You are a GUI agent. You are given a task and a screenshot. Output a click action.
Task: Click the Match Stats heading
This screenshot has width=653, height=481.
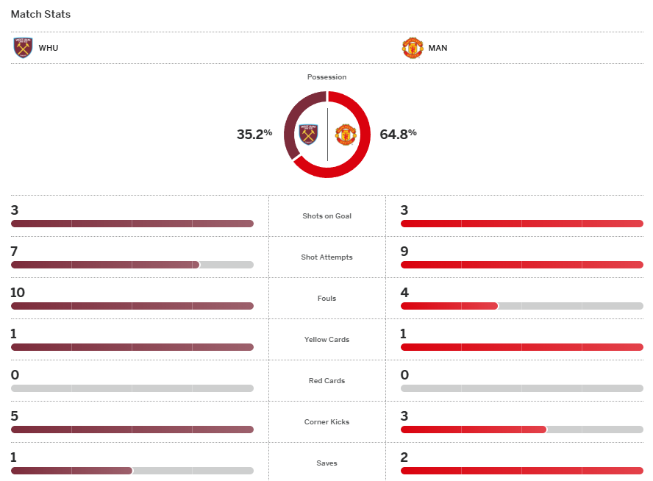40,14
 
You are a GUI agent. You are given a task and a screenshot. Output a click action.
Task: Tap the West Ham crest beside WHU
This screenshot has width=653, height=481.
24,48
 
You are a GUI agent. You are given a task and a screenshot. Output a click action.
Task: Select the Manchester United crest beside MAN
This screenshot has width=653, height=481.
413,48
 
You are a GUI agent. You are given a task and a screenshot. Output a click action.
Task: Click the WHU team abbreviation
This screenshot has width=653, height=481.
49,49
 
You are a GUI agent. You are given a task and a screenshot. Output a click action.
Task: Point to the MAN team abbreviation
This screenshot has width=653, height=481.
438,49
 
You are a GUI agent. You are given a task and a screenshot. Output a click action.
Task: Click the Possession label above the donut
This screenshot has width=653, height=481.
326,77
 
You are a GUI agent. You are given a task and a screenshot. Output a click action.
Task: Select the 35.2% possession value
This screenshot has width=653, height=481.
254,134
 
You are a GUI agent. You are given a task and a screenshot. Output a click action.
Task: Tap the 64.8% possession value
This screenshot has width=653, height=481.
398,134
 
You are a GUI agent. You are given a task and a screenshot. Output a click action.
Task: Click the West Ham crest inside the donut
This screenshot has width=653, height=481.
309,135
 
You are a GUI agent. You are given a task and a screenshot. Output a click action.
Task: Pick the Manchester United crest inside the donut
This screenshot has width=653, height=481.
346,135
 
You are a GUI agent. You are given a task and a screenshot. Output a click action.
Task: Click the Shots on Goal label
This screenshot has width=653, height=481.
326,216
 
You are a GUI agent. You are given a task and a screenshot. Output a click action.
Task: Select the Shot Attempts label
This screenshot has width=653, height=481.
326,257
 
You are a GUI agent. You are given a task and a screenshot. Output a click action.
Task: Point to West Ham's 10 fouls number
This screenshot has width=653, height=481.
18,293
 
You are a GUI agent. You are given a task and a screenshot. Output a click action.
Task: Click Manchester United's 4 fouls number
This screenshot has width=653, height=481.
404,293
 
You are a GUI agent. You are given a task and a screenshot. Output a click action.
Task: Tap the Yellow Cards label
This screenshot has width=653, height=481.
326,340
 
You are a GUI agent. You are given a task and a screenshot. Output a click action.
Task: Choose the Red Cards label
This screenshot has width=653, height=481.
326,381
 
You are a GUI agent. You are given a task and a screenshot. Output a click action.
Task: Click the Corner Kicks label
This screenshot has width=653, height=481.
326,422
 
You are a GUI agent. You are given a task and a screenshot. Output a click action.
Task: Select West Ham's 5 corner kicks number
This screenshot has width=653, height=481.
14,416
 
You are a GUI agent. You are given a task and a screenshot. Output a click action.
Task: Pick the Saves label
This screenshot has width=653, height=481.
326,463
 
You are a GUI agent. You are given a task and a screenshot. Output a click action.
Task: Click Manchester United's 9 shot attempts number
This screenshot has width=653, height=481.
404,252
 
